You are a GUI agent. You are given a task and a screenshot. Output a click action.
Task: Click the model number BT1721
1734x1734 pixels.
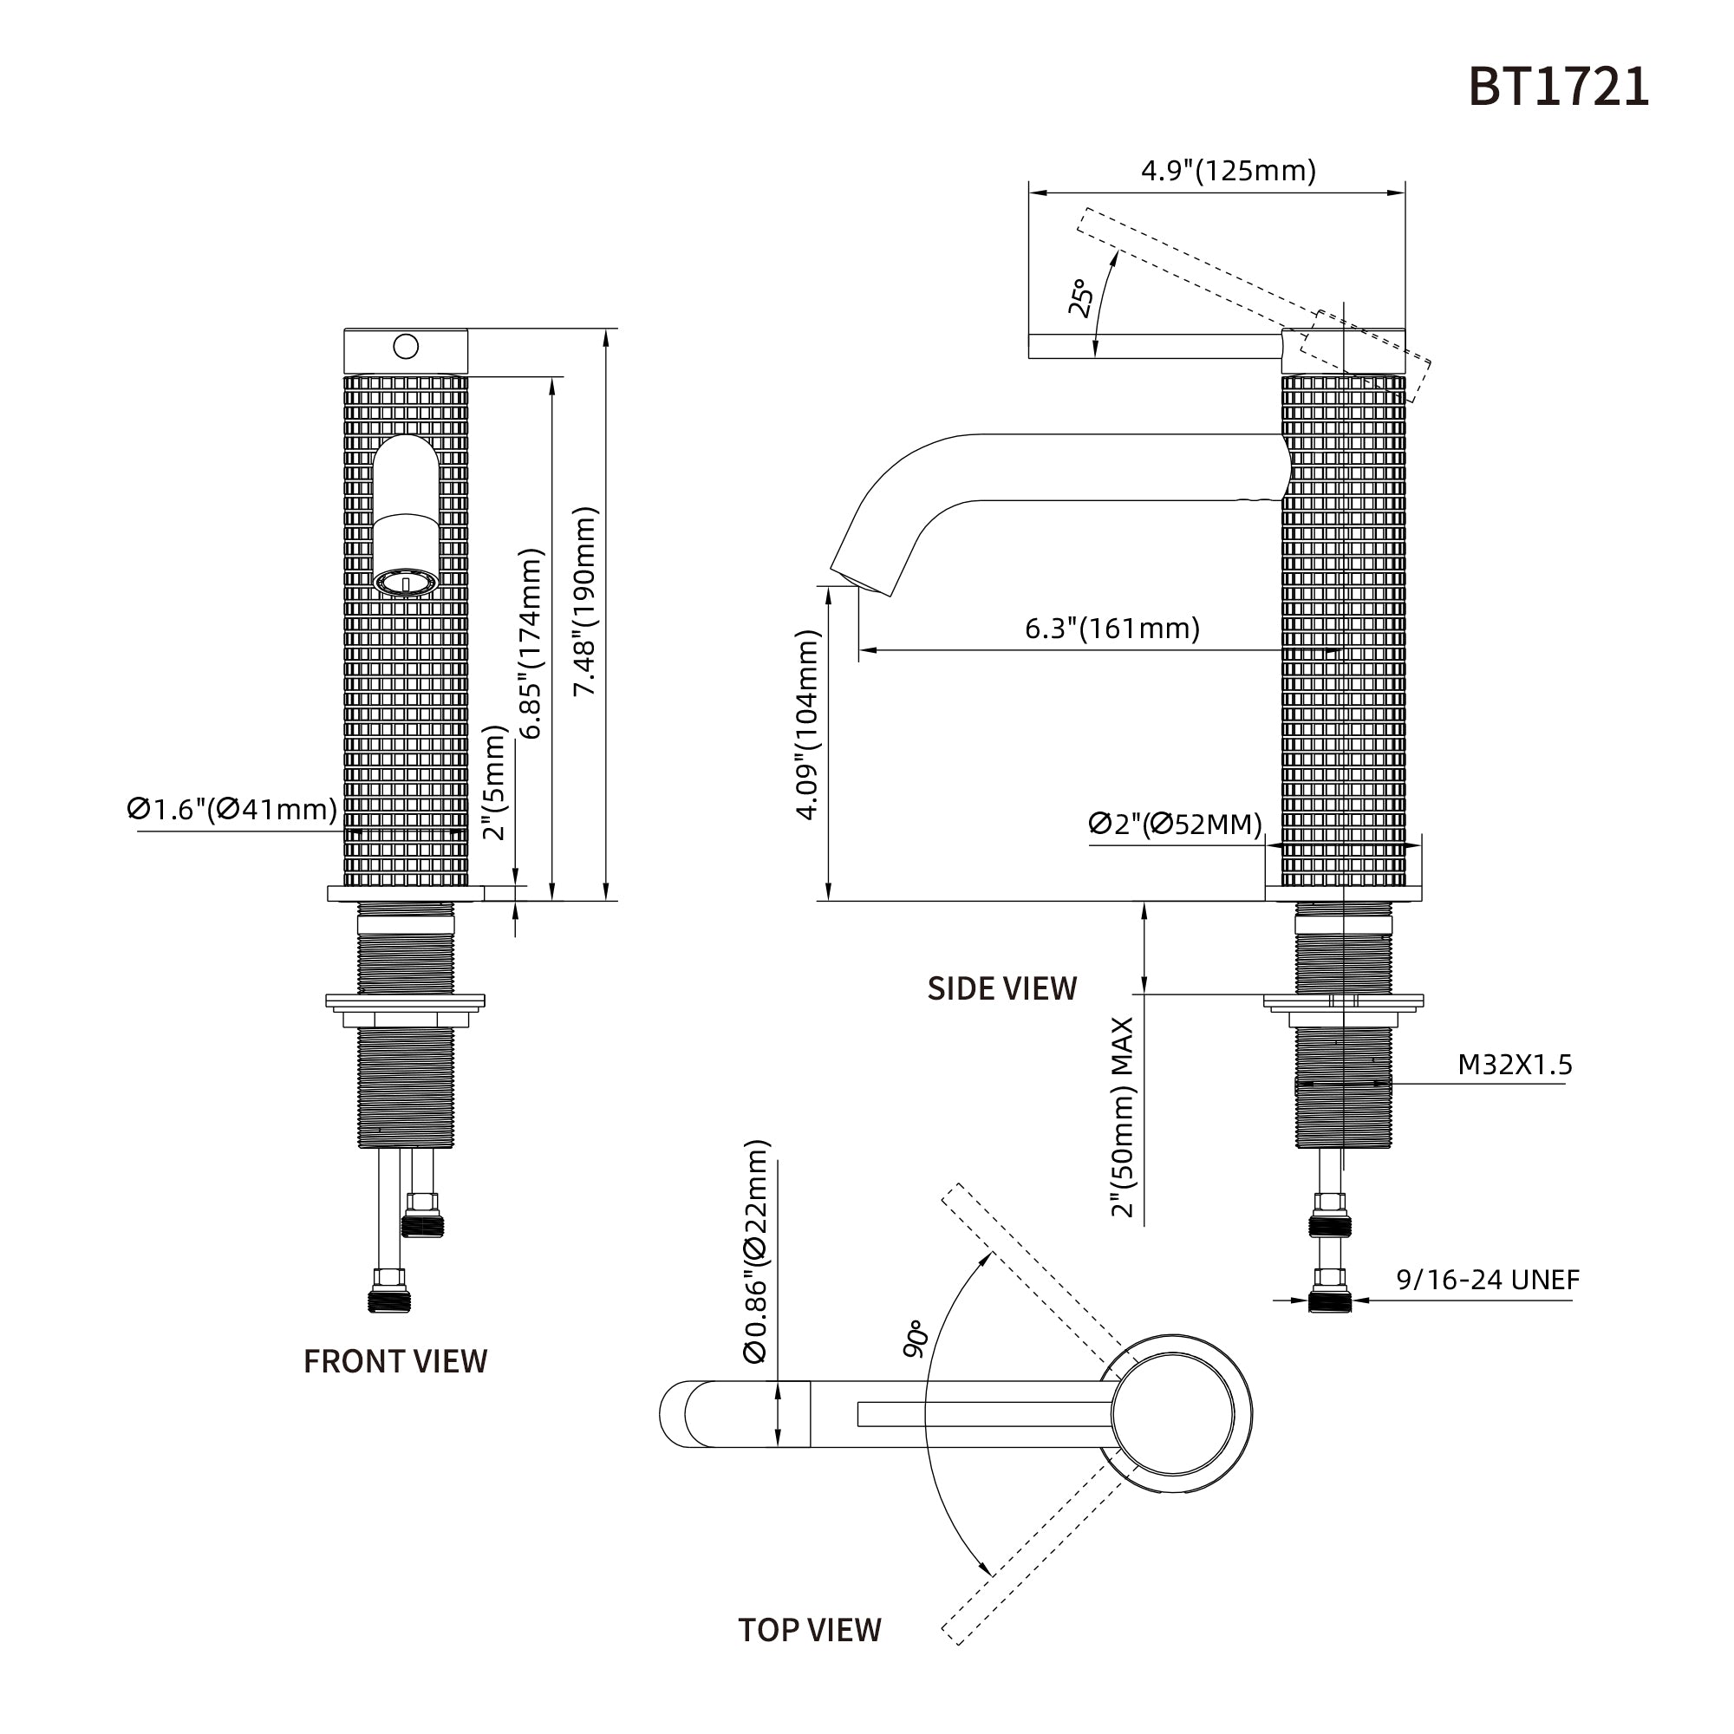point(1558,88)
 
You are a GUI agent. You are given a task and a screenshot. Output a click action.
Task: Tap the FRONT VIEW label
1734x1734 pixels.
point(394,1361)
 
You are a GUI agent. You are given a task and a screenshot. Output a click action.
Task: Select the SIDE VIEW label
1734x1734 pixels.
point(1001,988)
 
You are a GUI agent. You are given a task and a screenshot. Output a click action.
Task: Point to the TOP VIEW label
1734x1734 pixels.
point(810,1655)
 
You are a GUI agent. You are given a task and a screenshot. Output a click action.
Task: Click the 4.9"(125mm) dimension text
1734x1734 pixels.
point(1228,170)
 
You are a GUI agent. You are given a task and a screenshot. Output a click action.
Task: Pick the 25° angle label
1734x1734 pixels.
point(1080,298)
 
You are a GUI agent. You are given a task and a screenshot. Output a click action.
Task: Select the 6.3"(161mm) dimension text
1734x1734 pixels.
point(1112,629)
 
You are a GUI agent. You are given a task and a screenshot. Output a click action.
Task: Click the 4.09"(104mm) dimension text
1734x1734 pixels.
point(808,725)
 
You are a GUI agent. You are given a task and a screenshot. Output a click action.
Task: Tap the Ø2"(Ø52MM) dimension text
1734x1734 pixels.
point(1175,824)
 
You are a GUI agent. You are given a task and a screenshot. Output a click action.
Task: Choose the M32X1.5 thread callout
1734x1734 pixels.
point(1515,1065)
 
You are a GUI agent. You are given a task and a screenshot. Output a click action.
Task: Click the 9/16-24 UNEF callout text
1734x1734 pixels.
point(1487,1280)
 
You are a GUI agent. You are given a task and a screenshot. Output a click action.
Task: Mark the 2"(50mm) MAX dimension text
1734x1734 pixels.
point(1123,1118)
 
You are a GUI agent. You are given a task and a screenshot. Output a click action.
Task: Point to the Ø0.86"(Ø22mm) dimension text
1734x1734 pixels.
point(757,1252)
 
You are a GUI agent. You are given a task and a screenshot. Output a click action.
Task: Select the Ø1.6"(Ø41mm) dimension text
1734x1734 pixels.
point(232,810)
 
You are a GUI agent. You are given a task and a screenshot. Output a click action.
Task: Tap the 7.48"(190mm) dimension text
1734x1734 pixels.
point(586,602)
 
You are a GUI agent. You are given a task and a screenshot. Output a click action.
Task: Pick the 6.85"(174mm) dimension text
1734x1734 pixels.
point(532,642)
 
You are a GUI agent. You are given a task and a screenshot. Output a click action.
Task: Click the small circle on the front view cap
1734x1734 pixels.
point(406,346)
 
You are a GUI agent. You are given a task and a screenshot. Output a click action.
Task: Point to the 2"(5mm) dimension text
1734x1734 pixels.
point(494,783)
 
